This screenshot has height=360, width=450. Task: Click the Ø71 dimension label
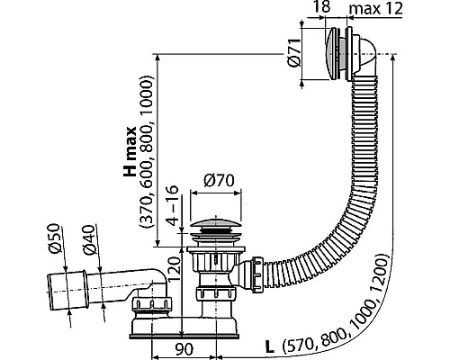[x=293, y=52]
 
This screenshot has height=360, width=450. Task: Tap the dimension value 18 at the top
[x=322, y=6]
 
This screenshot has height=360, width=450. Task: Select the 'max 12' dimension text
[x=376, y=8]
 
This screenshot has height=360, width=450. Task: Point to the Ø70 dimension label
[x=219, y=181]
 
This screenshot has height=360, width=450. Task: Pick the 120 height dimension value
[x=175, y=265]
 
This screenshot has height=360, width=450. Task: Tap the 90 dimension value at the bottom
[x=184, y=349]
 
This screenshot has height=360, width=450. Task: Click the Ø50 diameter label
[x=54, y=238]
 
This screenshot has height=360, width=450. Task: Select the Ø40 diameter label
[x=89, y=240]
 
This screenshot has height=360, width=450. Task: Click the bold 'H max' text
[x=130, y=151]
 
